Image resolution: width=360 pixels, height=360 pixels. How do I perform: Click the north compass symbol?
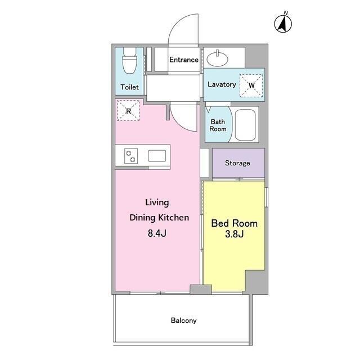[283, 22]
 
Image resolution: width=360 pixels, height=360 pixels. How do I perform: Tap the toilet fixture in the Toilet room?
[130, 60]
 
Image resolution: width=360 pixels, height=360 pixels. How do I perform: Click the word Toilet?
[129, 87]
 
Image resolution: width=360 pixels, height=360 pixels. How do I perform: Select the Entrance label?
[184, 60]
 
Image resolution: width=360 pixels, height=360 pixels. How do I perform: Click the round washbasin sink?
[217, 58]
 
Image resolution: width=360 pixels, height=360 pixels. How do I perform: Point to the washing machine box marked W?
[251, 85]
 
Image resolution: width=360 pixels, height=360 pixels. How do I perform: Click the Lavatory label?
[222, 84]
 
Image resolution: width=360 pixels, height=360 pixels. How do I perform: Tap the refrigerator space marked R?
[128, 110]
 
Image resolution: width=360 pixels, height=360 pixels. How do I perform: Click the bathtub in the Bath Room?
[245, 125]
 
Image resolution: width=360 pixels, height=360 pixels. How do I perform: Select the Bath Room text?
[218, 125]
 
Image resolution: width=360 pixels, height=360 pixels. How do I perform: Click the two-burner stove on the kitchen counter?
[131, 156]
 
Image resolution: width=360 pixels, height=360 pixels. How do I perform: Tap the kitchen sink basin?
[157, 156]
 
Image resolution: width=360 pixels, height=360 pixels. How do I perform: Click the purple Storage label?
[237, 163]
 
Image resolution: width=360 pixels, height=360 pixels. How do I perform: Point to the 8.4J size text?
[157, 233]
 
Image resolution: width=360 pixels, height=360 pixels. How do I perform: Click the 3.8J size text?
[234, 234]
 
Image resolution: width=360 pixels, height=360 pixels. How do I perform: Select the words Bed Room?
[234, 223]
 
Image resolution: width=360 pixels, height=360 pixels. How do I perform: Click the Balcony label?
[184, 320]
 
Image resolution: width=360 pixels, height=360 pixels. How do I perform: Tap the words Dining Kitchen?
[159, 218]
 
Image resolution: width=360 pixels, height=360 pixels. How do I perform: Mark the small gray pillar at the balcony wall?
[201, 290]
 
